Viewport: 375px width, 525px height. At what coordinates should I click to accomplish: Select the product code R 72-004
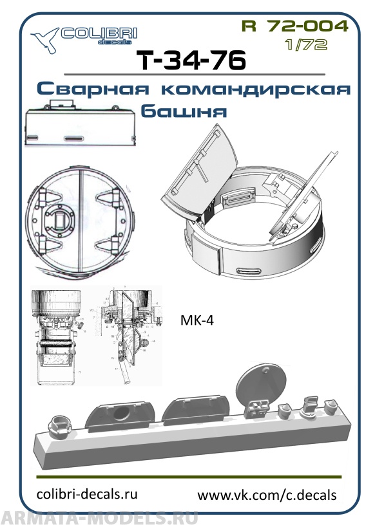coord(294,26)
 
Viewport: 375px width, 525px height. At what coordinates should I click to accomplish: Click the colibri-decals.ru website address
coord(88,493)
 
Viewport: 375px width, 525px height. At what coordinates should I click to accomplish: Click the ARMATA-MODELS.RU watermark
coord(99,517)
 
